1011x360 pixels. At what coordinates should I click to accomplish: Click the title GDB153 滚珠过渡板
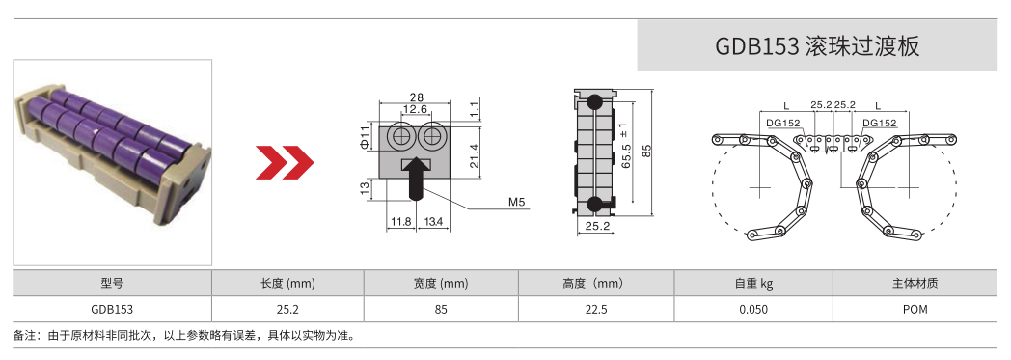(816, 46)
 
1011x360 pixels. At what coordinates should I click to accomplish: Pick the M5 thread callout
(517, 203)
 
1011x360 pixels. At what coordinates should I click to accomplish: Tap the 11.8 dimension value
(400, 222)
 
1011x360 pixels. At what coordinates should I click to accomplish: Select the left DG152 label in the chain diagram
(783, 124)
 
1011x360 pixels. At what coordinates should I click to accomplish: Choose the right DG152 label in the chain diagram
(880, 124)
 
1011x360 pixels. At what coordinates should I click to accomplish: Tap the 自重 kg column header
(753, 284)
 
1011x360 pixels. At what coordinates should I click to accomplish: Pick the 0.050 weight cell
(753, 310)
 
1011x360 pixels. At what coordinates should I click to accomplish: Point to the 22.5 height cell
(597, 310)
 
